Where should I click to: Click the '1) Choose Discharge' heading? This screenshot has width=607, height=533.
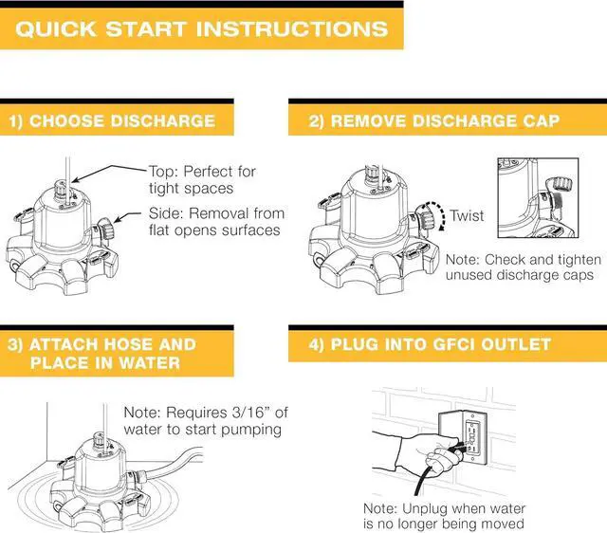(x=112, y=121)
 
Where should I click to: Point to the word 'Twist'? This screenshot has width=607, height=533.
(x=467, y=215)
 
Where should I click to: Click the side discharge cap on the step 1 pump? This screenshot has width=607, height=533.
(x=107, y=229)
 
